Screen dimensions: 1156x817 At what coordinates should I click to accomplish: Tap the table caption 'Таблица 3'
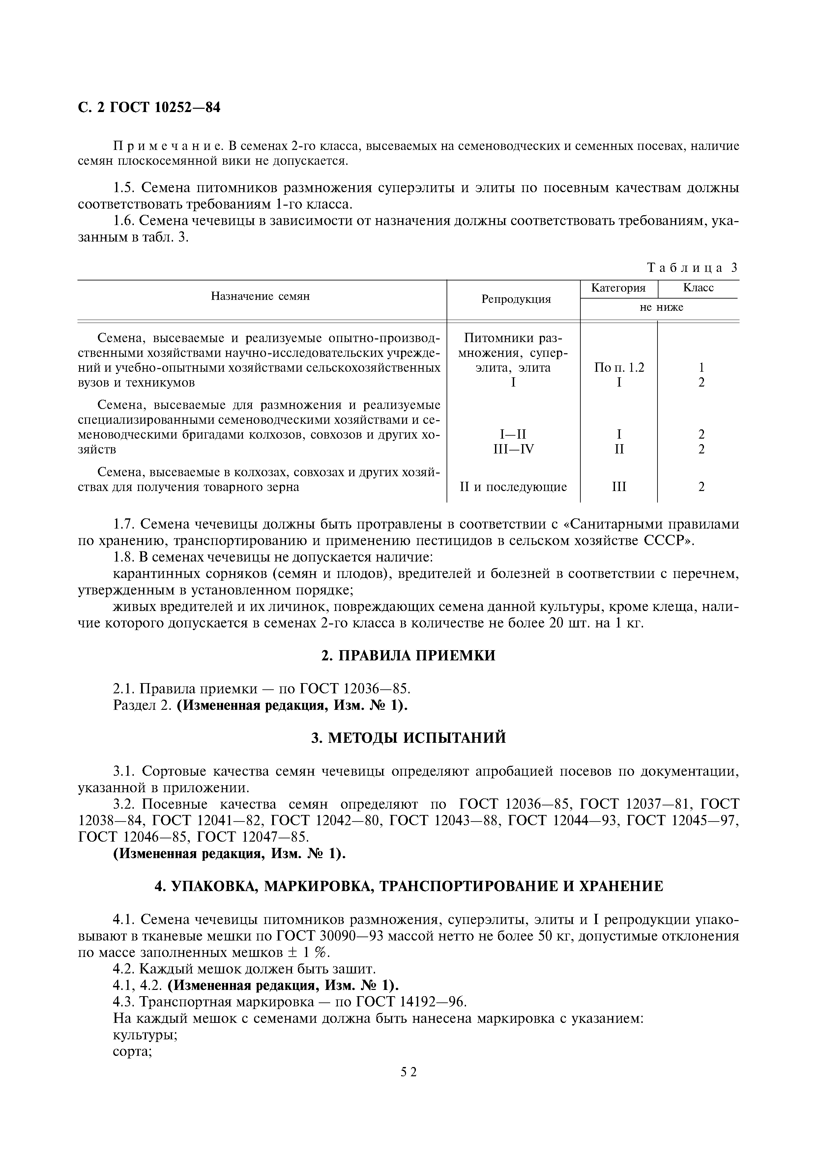pyautogui.click(x=692, y=268)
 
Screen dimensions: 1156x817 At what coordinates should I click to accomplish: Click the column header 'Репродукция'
pyautogui.click(x=516, y=299)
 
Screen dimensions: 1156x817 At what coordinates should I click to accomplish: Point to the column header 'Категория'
pyautogui.click(x=618, y=288)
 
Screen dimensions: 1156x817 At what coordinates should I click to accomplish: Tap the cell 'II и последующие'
pyautogui.click(x=513, y=487)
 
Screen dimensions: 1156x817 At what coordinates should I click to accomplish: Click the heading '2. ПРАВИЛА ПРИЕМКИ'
pyautogui.click(x=408, y=655)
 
